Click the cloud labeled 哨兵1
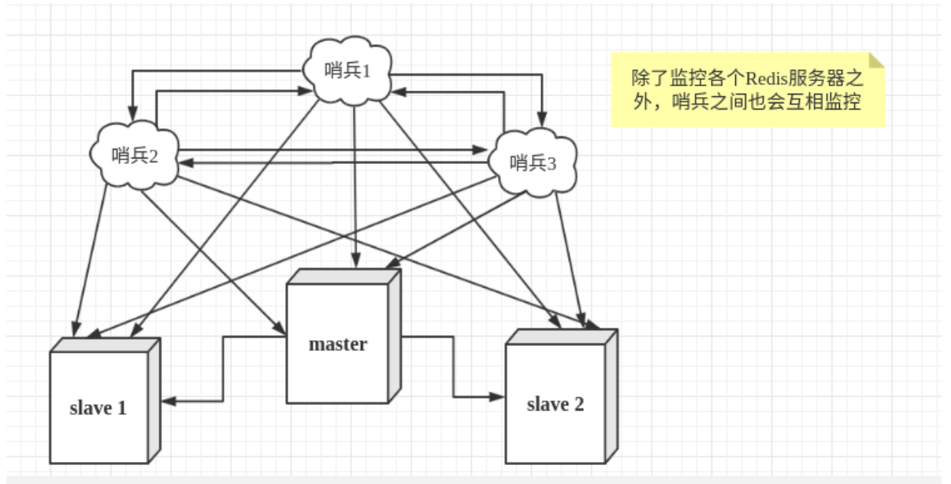tap(347, 69)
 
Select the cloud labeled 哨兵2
tap(135, 155)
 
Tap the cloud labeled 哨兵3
tap(533, 163)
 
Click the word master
tap(337, 344)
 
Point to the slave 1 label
tap(98, 408)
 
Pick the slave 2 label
tap(555, 404)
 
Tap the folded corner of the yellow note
tap(876, 61)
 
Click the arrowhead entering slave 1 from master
tap(169, 400)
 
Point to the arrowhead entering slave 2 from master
tap(496, 397)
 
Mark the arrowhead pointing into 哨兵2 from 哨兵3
tap(184, 162)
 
